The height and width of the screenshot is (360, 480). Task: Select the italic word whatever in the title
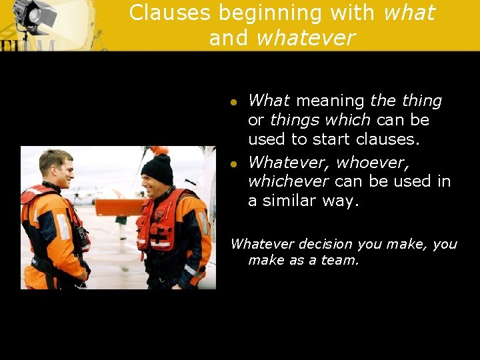pos(305,37)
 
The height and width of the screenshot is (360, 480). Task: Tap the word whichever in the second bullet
pos(289,182)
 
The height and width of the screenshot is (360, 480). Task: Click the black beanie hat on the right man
pos(157,169)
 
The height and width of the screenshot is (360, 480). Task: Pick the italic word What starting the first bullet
pos(269,101)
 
